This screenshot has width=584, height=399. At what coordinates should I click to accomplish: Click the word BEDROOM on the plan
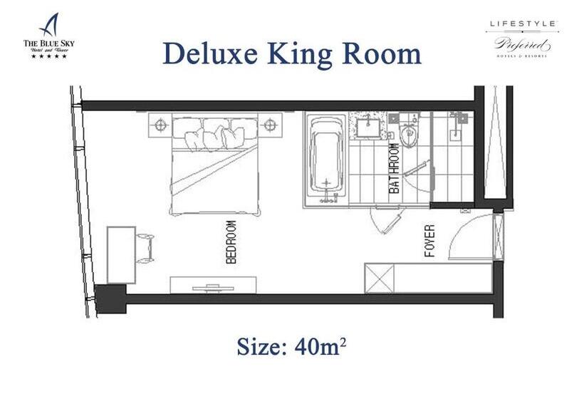[231, 242]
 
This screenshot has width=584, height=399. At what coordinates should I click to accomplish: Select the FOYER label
[429, 242]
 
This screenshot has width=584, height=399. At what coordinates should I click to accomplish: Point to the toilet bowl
[409, 135]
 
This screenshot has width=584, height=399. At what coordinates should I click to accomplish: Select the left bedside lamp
[159, 125]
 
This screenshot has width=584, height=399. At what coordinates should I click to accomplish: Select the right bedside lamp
[269, 125]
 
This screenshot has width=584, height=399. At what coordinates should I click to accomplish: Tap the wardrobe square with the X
[377, 278]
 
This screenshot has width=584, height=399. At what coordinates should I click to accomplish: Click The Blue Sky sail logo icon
[48, 26]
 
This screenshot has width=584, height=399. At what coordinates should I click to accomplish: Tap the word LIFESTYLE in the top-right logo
[521, 24]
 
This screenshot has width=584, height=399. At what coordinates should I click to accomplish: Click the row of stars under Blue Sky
[48, 56]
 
